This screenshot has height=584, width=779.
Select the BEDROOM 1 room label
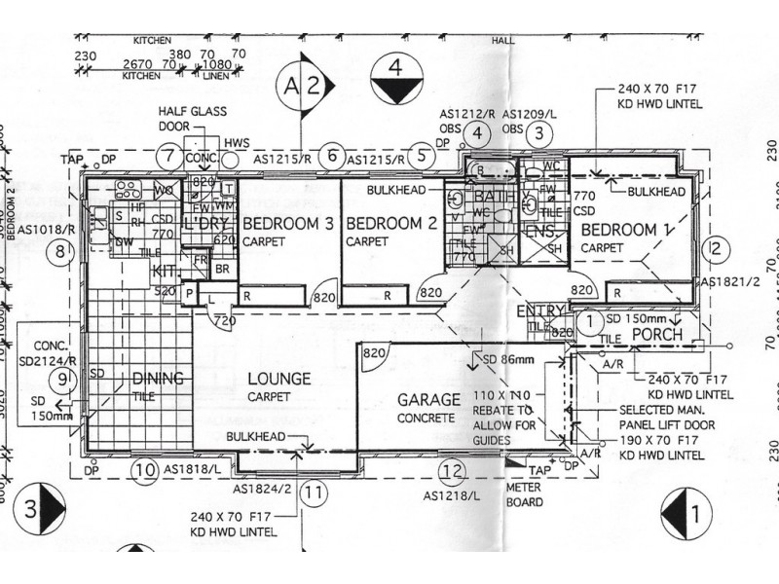click(619, 231)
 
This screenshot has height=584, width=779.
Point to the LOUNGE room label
click(278, 379)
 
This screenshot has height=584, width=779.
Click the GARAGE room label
click(428, 400)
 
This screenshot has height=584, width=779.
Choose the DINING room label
click(157, 379)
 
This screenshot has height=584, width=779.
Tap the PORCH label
click(657, 335)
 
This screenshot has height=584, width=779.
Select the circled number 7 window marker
click(168, 155)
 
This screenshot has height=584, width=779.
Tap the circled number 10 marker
click(145, 472)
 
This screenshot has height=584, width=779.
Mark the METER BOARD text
click(526, 494)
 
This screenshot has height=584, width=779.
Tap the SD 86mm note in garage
click(501, 361)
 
